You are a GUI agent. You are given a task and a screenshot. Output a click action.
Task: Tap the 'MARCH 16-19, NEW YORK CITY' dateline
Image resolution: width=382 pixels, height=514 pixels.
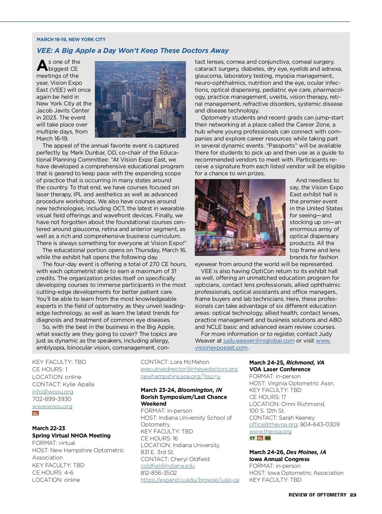(71, 40)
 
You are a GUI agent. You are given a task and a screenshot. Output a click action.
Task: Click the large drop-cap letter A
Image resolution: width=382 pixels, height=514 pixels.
(42, 65)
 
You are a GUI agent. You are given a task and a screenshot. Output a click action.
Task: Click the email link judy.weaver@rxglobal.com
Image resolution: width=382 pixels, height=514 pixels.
(259, 341)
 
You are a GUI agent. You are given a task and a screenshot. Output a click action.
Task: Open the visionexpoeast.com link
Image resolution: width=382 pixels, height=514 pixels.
(221, 348)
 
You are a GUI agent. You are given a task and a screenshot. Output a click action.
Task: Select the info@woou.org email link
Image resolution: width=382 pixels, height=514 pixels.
(53, 392)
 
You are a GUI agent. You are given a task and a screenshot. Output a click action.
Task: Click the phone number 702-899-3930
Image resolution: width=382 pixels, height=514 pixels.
(52, 399)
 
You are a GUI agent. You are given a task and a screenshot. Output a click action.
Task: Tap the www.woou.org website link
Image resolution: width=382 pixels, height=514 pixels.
(52, 406)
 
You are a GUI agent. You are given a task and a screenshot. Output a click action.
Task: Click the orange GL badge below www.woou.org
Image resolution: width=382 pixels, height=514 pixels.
(35, 413)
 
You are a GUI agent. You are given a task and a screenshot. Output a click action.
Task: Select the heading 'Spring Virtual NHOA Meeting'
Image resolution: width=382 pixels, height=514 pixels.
(71, 436)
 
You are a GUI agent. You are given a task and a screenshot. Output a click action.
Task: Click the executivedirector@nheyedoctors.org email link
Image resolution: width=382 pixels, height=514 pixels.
(189, 369)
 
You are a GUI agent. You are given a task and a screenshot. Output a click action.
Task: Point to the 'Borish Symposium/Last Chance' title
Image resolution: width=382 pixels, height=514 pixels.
(184, 397)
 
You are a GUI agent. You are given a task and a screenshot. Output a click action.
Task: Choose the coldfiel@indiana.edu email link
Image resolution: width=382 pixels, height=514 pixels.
(168, 466)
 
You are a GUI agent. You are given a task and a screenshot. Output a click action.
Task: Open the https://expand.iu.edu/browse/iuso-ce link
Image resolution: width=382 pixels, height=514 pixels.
(190, 480)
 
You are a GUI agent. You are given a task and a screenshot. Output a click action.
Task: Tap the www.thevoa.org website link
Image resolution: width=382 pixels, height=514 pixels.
(270, 431)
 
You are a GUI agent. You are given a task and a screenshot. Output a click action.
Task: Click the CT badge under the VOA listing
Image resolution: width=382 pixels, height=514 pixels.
(252, 438)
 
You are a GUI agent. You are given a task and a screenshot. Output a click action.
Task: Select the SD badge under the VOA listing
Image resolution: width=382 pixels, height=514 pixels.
(268, 438)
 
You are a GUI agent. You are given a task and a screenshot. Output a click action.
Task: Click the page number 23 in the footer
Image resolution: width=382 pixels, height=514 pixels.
(353, 495)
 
